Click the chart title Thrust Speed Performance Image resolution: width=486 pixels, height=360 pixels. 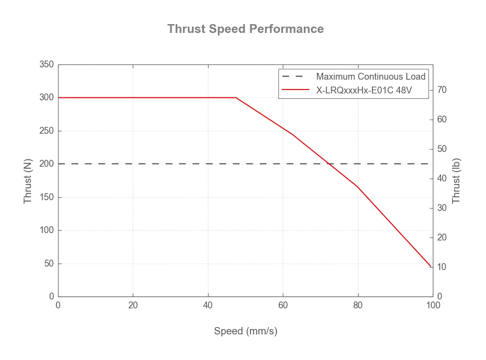pos(245,29)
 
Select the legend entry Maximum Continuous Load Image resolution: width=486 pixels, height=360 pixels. pos(370,76)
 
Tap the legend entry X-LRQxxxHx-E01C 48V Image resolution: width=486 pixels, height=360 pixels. pos(363,90)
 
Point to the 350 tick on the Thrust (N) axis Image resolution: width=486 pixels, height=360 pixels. pos(47,64)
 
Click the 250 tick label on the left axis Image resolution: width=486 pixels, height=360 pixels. pos(47,131)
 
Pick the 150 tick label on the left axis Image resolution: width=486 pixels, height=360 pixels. pos(47,197)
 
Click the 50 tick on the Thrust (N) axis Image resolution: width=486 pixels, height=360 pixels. pos(49,264)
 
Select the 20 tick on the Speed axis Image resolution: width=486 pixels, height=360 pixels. pos(133,305)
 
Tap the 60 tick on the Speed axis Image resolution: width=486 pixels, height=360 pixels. pos(283,305)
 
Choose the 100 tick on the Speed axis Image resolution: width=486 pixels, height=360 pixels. pos(433,305)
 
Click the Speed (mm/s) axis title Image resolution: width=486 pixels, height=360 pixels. pos(245,331)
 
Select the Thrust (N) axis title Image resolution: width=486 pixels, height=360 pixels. pos(28,180)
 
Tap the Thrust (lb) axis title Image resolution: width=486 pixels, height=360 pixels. pos(457,180)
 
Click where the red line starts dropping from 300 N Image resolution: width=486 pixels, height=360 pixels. pos(236,97)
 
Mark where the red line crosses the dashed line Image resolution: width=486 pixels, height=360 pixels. pos(329,164)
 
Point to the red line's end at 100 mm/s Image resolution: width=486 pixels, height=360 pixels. pos(431,267)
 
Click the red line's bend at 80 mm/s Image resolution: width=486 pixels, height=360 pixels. pos(358,186)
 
